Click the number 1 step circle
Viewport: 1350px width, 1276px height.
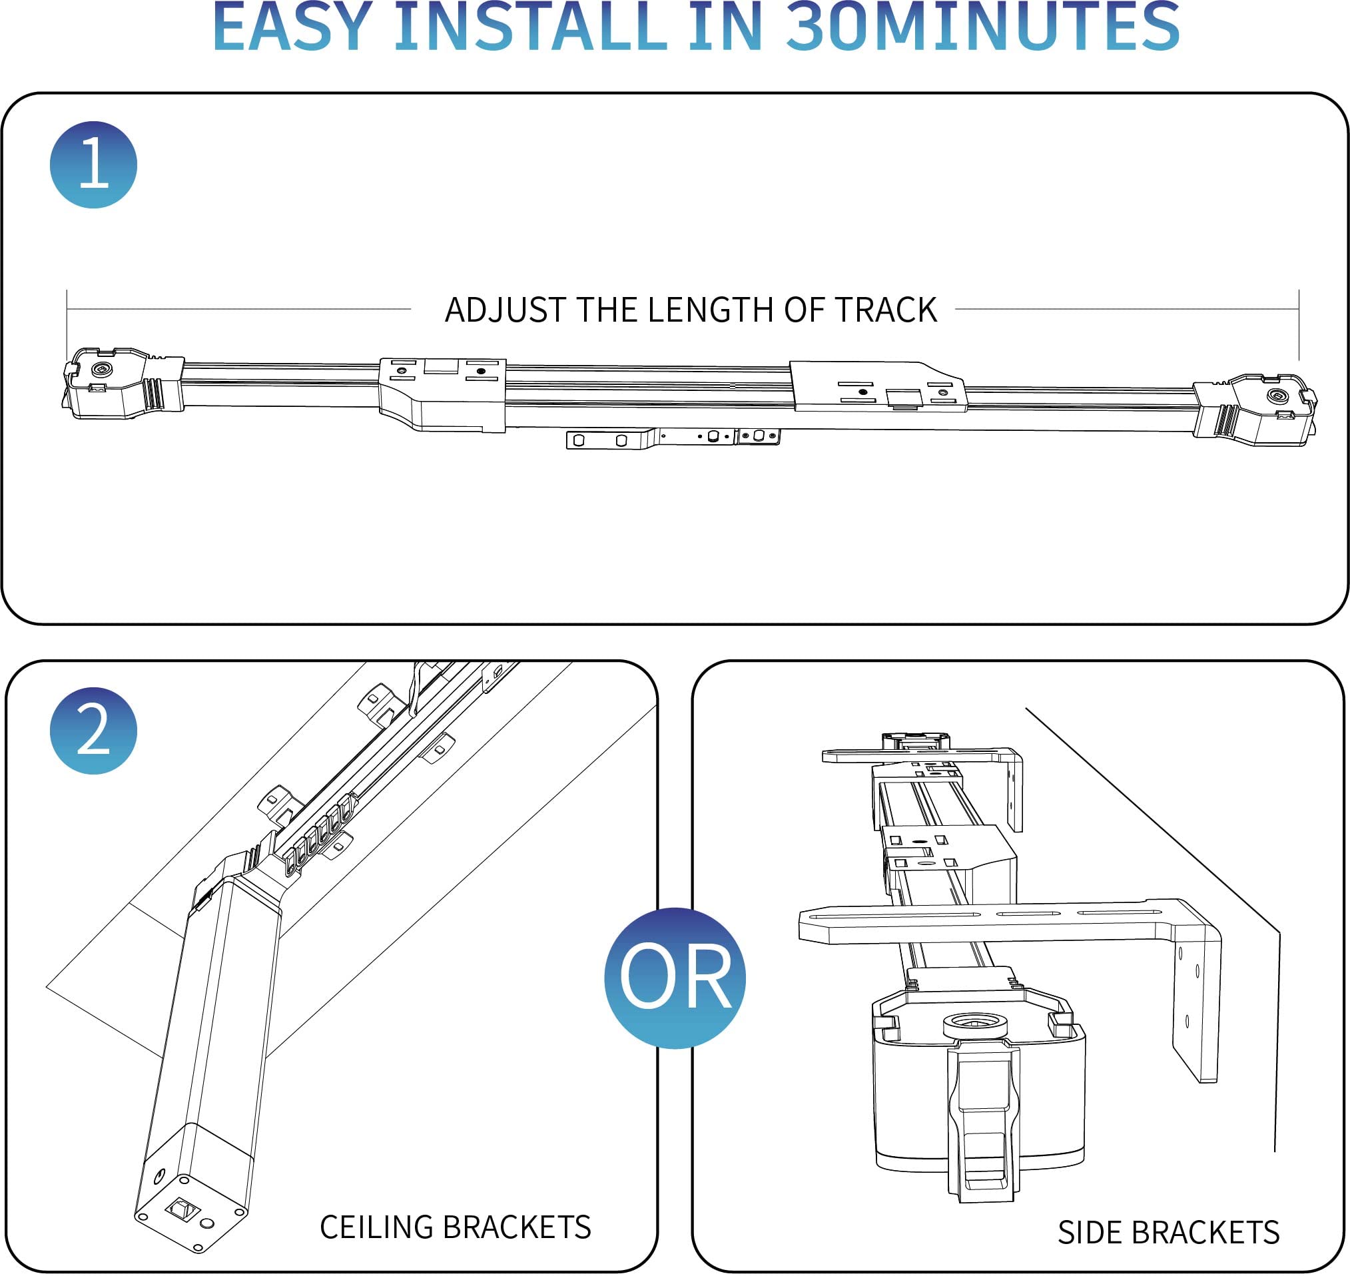[x=93, y=164]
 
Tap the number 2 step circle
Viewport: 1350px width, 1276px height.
[x=93, y=731]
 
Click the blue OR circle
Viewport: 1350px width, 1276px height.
[x=674, y=978]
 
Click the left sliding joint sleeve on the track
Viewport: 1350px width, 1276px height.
[x=442, y=394]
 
